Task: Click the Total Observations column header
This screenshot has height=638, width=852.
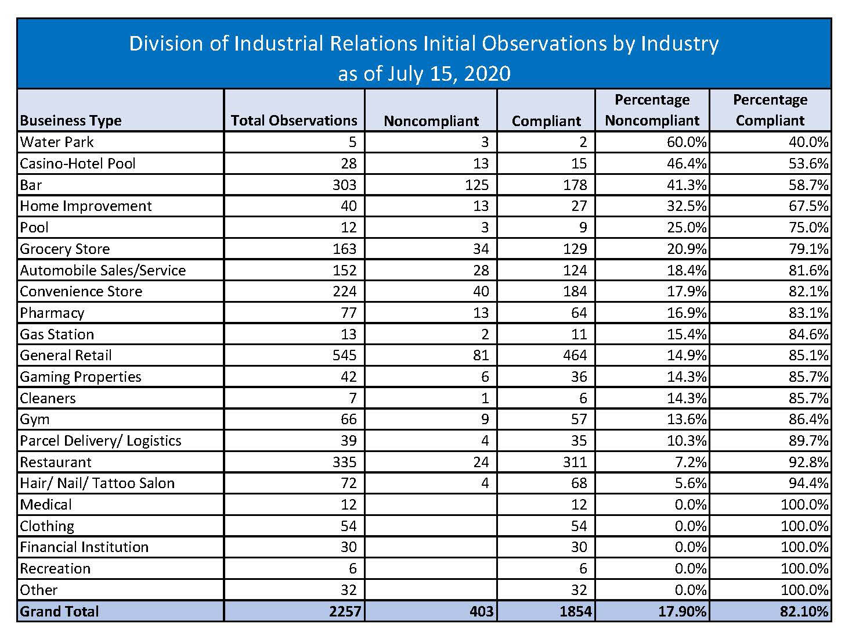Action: [x=294, y=120]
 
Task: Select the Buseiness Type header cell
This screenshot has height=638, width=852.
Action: [x=71, y=120]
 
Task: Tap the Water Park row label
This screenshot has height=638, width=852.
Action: [x=57, y=142]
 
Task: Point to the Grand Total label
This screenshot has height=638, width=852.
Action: [x=59, y=611]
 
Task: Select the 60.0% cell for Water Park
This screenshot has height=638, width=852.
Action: [x=687, y=142]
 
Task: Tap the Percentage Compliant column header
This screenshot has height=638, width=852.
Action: [x=770, y=110]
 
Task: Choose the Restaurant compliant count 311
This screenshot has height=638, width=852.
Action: [x=575, y=462]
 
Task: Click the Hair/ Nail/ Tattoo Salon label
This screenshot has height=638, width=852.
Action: [x=97, y=483]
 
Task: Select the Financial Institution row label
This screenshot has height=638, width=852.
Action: [x=84, y=547]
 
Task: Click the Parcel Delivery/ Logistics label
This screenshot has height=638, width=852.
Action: [x=100, y=440]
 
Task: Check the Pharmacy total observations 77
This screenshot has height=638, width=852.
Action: [x=348, y=313]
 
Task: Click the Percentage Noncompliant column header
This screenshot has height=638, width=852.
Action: [x=652, y=110]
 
